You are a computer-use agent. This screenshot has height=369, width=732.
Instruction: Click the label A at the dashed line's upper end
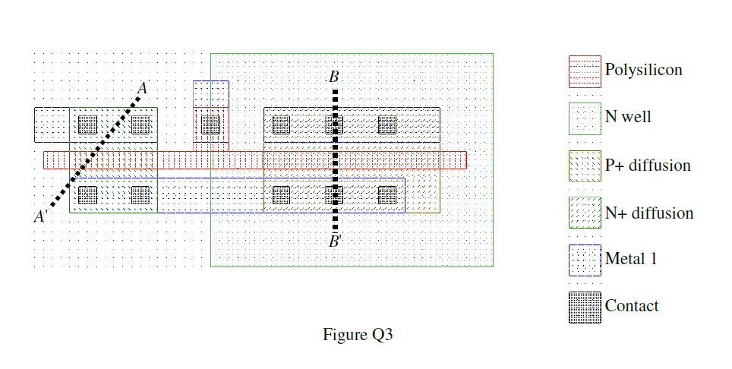[x=141, y=88]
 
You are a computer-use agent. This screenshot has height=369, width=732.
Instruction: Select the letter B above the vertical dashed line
[x=333, y=77]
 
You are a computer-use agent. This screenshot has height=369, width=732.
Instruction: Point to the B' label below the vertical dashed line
[x=335, y=242]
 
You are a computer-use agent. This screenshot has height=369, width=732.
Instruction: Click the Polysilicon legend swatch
[x=585, y=71]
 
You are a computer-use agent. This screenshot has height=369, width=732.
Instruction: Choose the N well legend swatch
[x=585, y=118]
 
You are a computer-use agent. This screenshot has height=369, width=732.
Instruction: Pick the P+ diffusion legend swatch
[x=585, y=166]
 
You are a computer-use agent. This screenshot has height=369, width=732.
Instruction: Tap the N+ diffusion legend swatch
[x=585, y=213]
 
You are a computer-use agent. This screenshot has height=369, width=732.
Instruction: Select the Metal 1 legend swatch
[x=585, y=260]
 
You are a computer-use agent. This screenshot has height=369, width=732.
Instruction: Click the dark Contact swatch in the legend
[x=585, y=307]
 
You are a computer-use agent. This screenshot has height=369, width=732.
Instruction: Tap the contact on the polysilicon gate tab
[x=210, y=124]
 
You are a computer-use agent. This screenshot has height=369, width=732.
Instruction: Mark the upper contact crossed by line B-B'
[x=334, y=124]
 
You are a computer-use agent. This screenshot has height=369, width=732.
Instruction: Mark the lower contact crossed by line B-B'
[x=334, y=195]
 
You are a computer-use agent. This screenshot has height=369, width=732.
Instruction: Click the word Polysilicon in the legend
[x=643, y=70]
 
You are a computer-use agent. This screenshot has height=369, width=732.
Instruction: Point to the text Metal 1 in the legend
[x=631, y=259]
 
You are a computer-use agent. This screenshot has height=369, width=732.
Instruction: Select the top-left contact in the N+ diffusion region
[x=88, y=124]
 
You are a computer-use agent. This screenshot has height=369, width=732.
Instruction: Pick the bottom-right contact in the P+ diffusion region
[x=387, y=195]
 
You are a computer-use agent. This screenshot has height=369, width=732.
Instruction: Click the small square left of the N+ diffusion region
[x=52, y=125]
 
